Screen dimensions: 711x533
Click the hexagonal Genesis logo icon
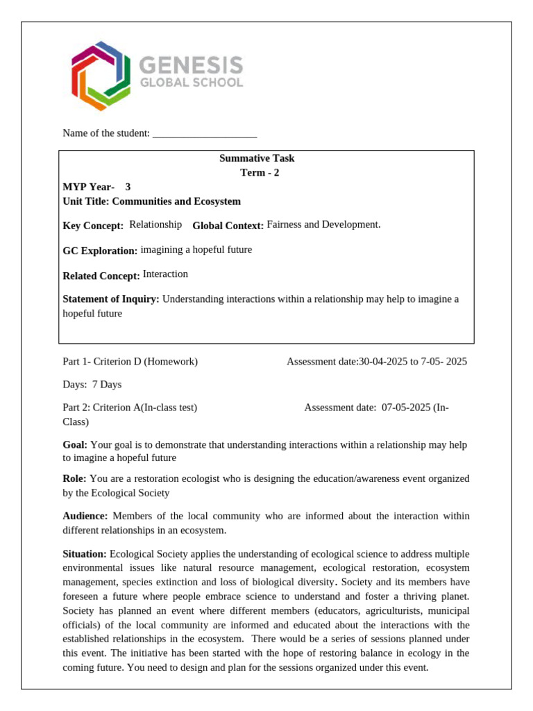pyautogui.click(x=101, y=75)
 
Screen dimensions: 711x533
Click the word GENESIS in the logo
pyautogui.click(x=192, y=66)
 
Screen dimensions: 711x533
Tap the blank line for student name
pyautogui.click(x=204, y=133)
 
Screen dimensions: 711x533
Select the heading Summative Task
pyautogui.click(x=257, y=158)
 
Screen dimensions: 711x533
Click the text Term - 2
pyautogui.click(x=260, y=173)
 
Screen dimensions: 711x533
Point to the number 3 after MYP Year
pyautogui.click(x=128, y=187)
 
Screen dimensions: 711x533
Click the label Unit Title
pyautogui.click(x=85, y=201)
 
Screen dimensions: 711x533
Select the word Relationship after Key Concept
pyautogui.click(x=155, y=224)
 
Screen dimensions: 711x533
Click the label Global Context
pyautogui.click(x=228, y=226)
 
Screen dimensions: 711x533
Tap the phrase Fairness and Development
pyautogui.click(x=323, y=224)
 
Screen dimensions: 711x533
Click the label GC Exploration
pyautogui.click(x=100, y=251)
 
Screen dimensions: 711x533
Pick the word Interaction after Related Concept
pyautogui.click(x=165, y=274)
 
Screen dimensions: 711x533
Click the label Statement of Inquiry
pyautogui.click(x=111, y=299)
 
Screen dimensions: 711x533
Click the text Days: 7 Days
pyautogui.click(x=92, y=384)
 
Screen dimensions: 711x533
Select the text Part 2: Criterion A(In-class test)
pyautogui.click(x=130, y=408)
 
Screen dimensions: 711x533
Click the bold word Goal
pyautogui.click(x=75, y=444)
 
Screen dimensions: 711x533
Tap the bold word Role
pyautogui.click(x=74, y=478)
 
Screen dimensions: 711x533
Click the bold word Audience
pyautogui.click(x=85, y=516)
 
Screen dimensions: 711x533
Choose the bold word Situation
pyautogui.click(x=85, y=553)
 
